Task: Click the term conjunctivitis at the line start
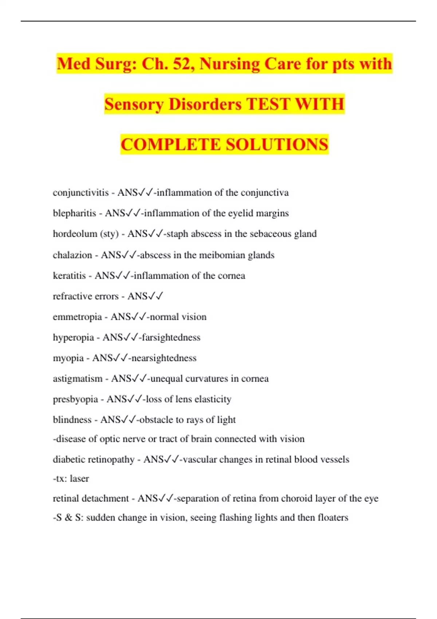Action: [x=80, y=193]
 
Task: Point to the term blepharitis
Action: [x=74, y=213]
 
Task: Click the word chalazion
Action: [x=72, y=255]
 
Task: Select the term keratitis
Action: [x=69, y=276]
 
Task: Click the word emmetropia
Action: [x=77, y=317]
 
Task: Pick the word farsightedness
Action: [x=171, y=338]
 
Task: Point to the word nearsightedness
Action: [x=164, y=358]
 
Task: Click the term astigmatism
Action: [x=78, y=379]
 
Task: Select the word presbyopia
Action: [x=75, y=399]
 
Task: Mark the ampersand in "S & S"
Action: [x=68, y=517]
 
